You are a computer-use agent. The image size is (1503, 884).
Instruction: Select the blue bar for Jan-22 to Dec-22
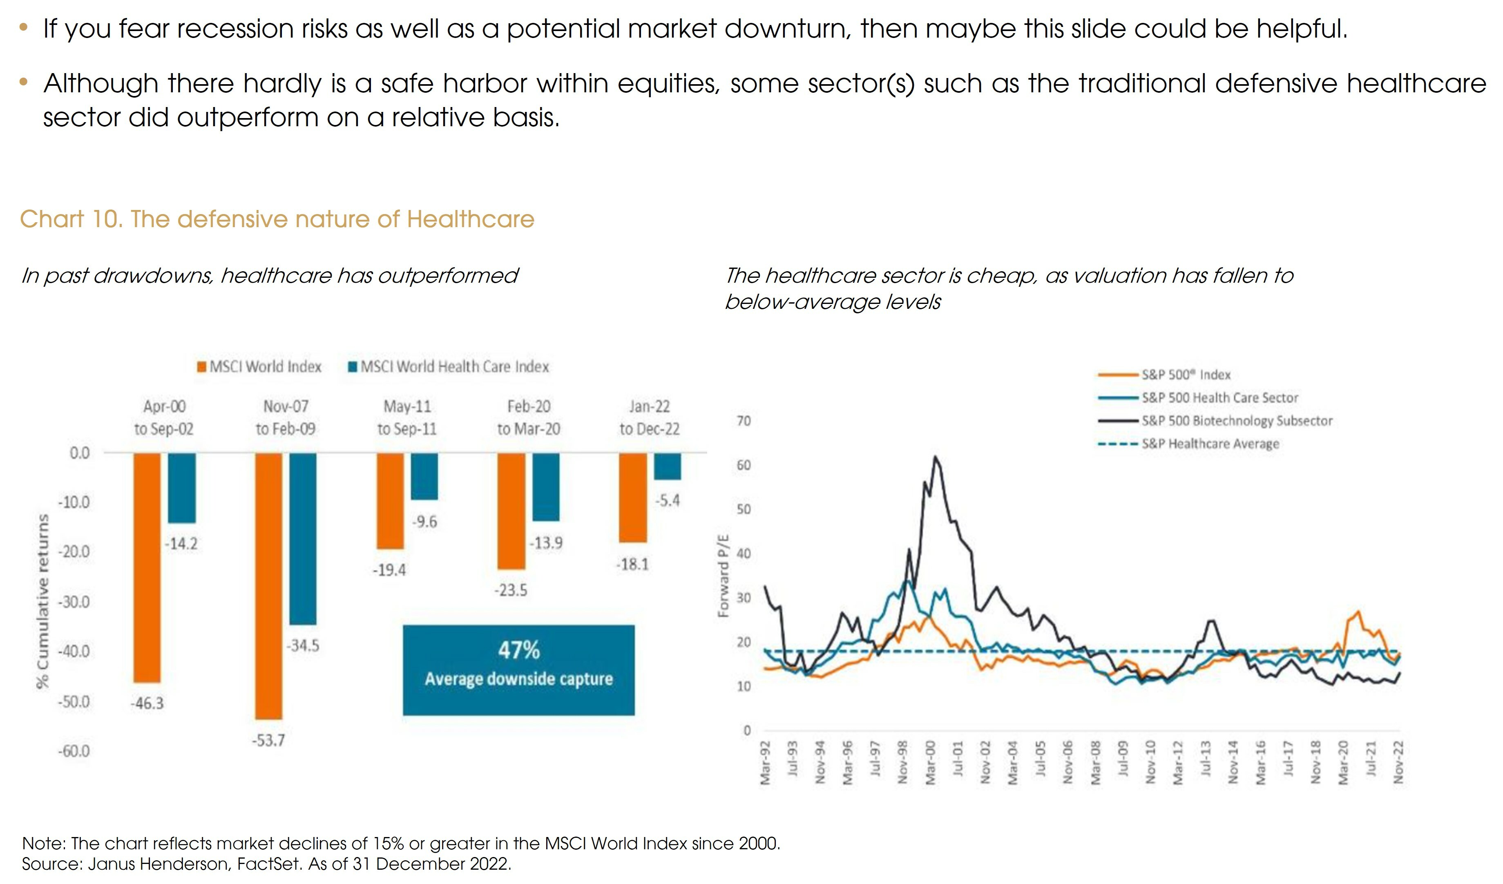tap(668, 466)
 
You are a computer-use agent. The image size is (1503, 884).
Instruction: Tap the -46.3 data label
tap(147, 703)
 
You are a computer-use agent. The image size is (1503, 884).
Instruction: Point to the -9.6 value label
tap(424, 522)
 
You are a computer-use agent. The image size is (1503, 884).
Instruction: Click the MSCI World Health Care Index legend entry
tap(449, 366)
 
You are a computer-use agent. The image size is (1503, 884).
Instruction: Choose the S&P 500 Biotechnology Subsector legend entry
tap(1236, 420)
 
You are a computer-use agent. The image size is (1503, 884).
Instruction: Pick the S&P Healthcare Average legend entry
tap(1210, 444)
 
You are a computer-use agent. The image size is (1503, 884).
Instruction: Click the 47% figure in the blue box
tap(519, 650)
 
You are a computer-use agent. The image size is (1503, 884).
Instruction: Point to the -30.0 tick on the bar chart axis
tap(74, 602)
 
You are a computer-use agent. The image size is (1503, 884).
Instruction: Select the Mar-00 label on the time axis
tap(930, 762)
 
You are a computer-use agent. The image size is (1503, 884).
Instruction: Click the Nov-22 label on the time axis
tap(1398, 762)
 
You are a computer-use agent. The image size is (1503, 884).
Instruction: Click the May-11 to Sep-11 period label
tap(407, 417)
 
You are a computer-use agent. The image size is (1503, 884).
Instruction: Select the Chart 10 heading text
tap(277, 219)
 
